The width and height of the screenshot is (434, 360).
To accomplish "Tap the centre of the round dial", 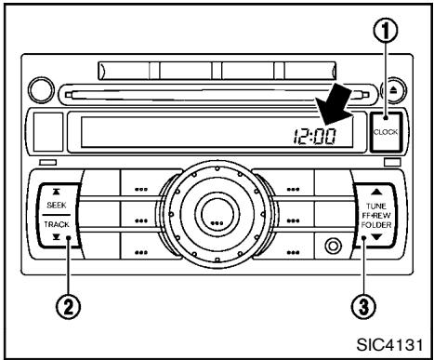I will pyautogui.click(x=216, y=222).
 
